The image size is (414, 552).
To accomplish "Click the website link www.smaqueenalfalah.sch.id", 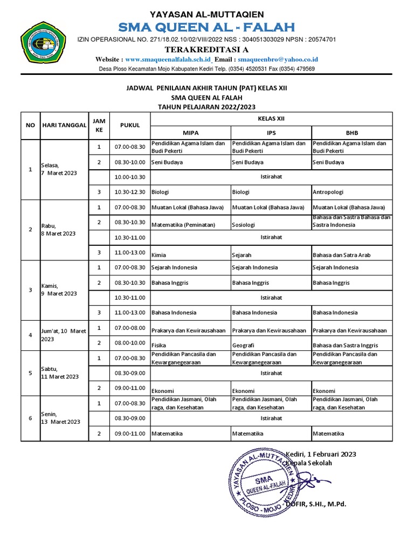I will (x=169, y=59).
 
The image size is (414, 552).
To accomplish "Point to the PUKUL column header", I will (x=129, y=125).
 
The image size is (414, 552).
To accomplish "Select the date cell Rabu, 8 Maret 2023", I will (x=59, y=230).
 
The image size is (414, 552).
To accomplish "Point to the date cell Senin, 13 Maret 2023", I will (x=60, y=418).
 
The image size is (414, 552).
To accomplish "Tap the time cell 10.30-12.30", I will (x=129, y=191).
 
